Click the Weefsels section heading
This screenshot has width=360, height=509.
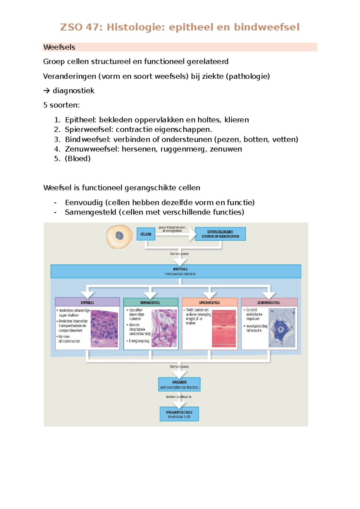[x=59, y=47]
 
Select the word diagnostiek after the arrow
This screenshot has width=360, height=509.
[x=73, y=91]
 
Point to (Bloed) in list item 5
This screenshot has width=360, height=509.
[x=78, y=158]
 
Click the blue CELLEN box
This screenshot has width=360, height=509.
[x=146, y=234]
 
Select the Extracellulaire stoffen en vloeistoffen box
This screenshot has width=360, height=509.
[x=220, y=234]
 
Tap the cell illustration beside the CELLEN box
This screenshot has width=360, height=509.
[x=119, y=236]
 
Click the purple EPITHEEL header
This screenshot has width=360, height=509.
[x=87, y=302]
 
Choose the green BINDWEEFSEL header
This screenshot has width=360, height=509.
[x=151, y=302]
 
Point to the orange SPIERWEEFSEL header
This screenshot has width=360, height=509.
[x=210, y=302]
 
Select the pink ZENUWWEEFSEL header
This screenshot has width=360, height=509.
[x=269, y=302]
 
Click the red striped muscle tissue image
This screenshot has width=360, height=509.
[x=224, y=328]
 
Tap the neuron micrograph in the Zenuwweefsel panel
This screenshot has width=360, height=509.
[x=282, y=328]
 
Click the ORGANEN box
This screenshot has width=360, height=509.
[x=179, y=384]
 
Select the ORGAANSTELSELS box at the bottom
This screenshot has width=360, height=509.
[x=179, y=414]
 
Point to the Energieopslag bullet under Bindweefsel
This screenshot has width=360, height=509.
[x=139, y=341]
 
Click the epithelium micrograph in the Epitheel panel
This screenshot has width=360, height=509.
[x=104, y=329]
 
